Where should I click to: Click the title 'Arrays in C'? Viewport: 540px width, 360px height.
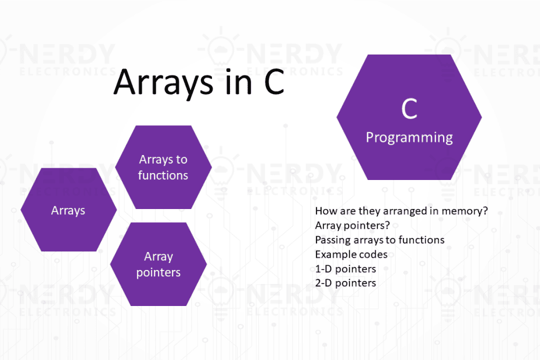point(199,82)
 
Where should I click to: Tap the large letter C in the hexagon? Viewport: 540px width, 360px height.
point(409,109)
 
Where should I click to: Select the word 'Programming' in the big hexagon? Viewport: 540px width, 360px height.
point(409,138)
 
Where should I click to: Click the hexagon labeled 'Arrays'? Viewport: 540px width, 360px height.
point(69,210)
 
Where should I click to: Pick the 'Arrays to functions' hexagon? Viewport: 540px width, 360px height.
point(163,167)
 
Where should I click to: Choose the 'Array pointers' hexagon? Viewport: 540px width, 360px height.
point(159,264)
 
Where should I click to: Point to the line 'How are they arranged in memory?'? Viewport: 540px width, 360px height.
point(401,211)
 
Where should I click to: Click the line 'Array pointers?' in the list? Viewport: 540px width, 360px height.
point(352,225)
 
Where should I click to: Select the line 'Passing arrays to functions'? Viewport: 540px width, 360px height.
point(380,240)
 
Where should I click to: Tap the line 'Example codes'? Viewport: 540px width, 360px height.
point(351,254)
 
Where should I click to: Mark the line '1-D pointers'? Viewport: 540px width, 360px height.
point(345,269)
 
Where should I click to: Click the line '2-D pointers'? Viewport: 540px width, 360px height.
point(345,283)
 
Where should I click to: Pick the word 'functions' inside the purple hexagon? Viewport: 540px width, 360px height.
point(163,175)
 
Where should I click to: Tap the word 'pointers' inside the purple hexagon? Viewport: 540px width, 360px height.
point(159,272)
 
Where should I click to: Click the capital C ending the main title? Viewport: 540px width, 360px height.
point(274,82)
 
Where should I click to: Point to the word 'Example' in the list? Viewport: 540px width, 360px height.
point(333,254)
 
